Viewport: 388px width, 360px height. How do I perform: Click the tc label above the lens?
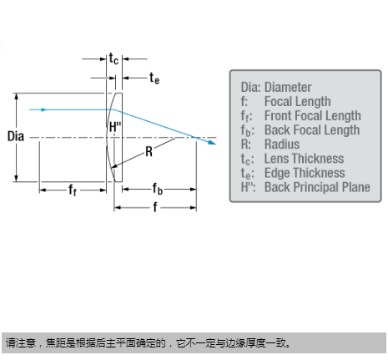113,58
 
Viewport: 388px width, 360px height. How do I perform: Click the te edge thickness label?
154,78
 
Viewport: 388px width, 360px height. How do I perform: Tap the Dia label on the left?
16,136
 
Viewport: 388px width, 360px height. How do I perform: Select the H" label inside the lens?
115,127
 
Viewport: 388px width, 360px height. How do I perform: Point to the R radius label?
149,152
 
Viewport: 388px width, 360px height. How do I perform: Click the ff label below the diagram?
73,190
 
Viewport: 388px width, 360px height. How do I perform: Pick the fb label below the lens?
157,189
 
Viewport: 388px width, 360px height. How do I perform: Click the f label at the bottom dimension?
155,207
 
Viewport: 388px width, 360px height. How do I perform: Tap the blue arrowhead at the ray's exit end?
212,142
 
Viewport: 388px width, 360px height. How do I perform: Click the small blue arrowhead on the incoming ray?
43,109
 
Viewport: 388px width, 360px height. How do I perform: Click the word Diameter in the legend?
288,87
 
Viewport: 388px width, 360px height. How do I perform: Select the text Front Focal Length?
313,115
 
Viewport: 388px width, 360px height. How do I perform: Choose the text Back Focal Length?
312,129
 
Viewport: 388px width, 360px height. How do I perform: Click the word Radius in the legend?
282,145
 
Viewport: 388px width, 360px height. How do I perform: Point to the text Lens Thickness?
304,159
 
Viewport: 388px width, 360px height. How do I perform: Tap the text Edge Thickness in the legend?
305,173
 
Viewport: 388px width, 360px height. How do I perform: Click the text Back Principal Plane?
317,187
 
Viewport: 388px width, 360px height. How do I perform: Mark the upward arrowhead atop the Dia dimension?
17,96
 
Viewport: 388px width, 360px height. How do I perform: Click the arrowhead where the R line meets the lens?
114,166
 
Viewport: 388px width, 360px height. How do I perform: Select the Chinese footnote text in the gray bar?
149,342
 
